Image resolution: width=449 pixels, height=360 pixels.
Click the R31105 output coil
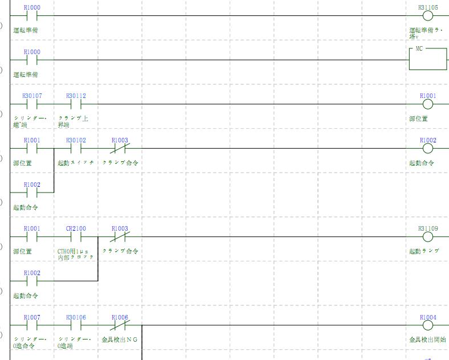pyautogui.click(x=428, y=16)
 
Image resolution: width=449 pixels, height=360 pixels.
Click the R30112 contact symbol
pyautogui.click(x=76, y=104)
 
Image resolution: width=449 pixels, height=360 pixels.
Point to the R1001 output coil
pyautogui.click(x=428, y=104)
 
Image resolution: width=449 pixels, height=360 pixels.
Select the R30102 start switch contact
pyautogui.click(x=76, y=149)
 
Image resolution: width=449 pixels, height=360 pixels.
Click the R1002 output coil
pyautogui.click(x=428, y=149)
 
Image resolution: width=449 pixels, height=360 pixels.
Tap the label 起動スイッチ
pyautogui.click(x=76, y=163)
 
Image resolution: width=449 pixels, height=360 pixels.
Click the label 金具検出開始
pyautogui.click(x=428, y=339)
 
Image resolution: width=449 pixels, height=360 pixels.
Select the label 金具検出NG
pyautogui.click(x=120, y=339)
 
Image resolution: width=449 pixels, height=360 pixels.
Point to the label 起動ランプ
pyautogui.click(x=424, y=251)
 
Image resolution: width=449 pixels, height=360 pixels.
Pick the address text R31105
pyautogui.click(x=428, y=7)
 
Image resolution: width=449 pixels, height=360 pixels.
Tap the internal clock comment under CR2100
pyautogui.click(x=76, y=254)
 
